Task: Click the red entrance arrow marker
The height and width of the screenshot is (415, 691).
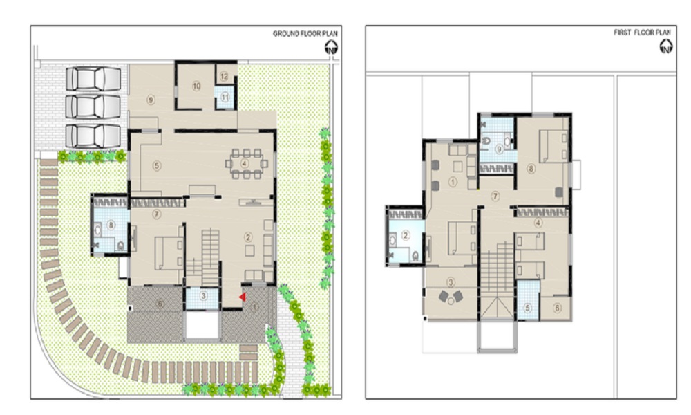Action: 241,297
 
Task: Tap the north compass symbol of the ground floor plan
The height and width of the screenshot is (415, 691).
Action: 332,47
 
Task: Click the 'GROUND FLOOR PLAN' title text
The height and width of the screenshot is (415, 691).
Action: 301,33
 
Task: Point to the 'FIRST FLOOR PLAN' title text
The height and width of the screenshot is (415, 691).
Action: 642,32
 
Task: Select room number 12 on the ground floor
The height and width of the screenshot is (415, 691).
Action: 224,75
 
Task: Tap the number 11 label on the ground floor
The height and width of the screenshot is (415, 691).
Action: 225,98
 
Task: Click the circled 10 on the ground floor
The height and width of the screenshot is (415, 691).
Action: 196,86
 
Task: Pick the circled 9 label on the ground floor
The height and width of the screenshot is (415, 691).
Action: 150,99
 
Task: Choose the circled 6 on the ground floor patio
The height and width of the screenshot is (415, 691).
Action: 160,304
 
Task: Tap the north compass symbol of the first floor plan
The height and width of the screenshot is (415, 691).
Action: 666,46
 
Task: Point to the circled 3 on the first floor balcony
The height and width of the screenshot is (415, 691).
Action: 451,282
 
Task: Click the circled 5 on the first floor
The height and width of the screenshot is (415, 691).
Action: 528,308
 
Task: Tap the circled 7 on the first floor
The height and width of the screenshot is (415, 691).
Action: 495,196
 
